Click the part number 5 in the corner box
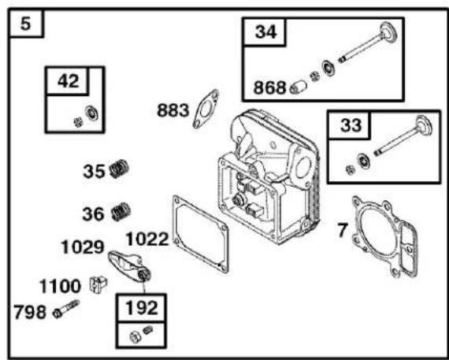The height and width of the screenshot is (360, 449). point(25,24)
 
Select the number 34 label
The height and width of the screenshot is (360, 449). point(265,32)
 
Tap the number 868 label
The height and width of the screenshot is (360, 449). point(269,87)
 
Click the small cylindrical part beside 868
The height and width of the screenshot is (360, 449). point(298,87)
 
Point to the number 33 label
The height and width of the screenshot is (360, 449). point(351,125)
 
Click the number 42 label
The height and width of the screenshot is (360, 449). point(69,81)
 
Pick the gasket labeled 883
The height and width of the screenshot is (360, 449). point(206,109)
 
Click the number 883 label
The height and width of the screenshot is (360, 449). point(173,110)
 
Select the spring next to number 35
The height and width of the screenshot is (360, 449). point(119,169)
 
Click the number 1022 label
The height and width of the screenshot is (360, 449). point(147,239)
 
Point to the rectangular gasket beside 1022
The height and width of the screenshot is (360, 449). point(200,234)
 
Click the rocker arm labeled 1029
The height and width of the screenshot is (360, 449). point(129,265)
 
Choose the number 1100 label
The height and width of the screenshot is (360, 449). point(60,286)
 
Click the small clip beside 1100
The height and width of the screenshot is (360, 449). point(98,284)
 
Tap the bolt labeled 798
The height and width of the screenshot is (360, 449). point(66,309)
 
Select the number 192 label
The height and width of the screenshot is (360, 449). point(142,308)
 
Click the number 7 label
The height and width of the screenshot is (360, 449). point(343,230)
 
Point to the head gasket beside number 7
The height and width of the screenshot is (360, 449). point(384,236)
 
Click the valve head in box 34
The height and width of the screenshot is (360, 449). point(388,32)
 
